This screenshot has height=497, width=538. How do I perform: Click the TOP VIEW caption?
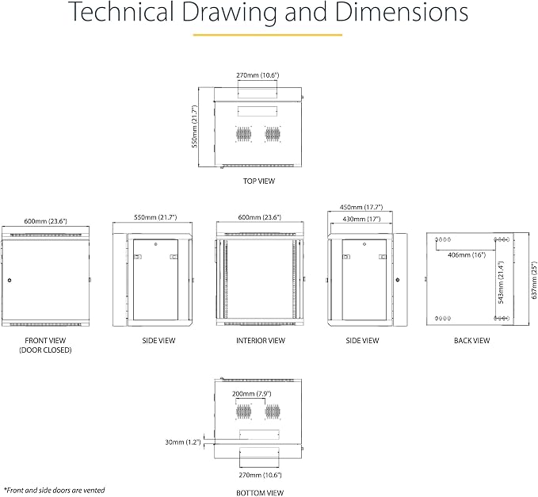click(x=259, y=182)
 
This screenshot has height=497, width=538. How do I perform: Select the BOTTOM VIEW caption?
click(x=260, y=493)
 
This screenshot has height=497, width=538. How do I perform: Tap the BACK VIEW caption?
click(x=471, y=341)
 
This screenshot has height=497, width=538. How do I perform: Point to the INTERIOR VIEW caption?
click(x=261, y=341)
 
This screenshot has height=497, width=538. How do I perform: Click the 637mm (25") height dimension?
click(x=533, y=281)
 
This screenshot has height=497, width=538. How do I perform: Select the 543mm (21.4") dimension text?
click(x=501, y=282)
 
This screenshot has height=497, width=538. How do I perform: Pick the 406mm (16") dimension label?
click(x=467, y=254)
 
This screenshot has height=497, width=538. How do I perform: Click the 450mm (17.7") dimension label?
click(x=361, y=208)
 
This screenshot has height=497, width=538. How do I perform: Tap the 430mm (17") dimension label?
click(x=361, y=219)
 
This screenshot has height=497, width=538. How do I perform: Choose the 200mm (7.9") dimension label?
click(x=251, y=394)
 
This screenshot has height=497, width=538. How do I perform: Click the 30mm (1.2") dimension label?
click(x=183, y=442)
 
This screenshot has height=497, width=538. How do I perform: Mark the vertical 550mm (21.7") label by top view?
click(x=195, y=126)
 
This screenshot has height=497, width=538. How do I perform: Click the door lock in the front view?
click(x=10, y=280)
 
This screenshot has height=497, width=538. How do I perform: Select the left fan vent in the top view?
click(x=243, y=134)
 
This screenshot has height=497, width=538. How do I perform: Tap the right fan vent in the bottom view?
click(x=273, y=411)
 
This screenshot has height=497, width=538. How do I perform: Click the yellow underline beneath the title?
click(x=268, y=35)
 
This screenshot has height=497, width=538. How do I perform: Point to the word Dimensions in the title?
click(x=402, y=13)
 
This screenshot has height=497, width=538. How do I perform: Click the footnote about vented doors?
click(x=54, y=490)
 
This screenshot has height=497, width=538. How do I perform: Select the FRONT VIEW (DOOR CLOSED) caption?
click(x=45, y=346)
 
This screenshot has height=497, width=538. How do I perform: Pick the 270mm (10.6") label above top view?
click(x=258, y=75)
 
